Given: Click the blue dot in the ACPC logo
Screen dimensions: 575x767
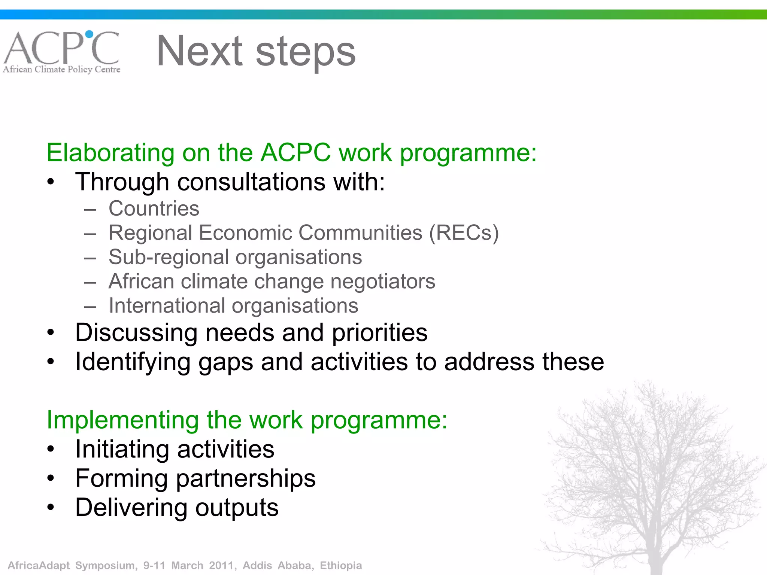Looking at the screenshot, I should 89,34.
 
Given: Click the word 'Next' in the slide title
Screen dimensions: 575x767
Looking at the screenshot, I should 200,51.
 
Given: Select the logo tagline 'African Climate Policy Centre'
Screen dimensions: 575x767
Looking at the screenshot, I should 62,70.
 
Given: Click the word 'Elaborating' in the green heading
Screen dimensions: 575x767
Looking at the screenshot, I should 110,153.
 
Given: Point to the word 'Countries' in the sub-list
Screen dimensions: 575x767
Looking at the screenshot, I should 154,209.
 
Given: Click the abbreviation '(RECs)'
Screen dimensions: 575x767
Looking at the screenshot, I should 464,233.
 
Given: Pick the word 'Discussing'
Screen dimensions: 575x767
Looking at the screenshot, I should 136,333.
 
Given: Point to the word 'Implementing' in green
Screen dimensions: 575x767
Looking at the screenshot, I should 122,420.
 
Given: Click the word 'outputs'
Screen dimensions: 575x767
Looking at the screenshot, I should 237,508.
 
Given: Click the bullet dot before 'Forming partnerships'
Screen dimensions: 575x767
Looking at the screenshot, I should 51,478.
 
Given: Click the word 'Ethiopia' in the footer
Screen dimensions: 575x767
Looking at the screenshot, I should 341,565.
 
